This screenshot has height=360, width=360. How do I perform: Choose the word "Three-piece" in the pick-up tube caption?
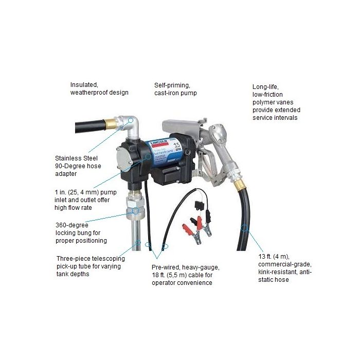[73, 258]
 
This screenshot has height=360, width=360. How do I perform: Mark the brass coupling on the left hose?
[109, 124]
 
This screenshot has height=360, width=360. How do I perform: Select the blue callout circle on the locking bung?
[136, 210]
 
